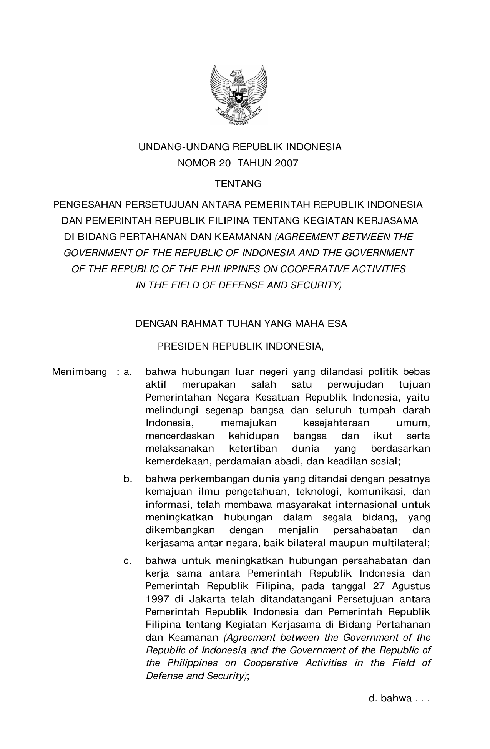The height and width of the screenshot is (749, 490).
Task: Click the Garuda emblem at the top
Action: [x=238, y=95]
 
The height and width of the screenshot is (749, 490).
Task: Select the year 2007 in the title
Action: [x=286, y=163]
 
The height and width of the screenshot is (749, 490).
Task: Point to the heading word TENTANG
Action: [x=238, y=184]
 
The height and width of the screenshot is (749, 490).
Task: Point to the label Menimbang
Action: [x=79, y=372]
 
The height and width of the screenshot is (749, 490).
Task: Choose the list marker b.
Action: [x=128, y=479]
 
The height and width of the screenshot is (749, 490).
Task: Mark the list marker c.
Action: [x=128, y=561]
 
